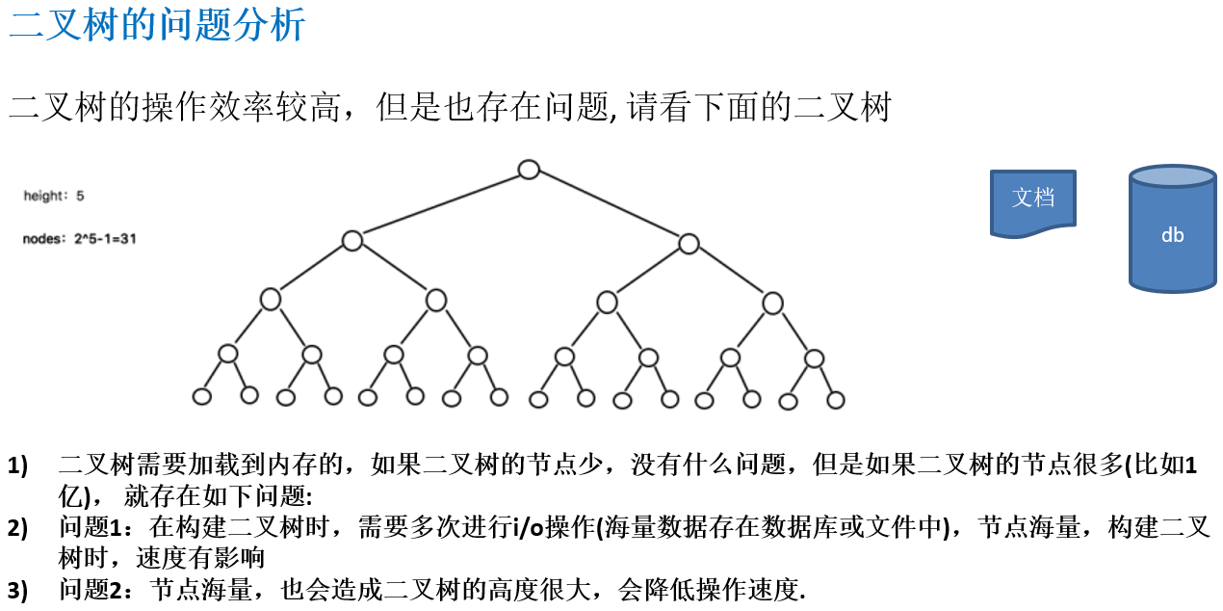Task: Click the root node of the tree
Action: (x=529, y=170)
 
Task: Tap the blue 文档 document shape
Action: (x=1033, y=201)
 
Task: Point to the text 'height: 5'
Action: (x=54, y=196)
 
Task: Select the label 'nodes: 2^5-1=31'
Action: (x=79, y=238)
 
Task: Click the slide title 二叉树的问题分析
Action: (x=157, y=24)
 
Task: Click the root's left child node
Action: (x=352, y=241)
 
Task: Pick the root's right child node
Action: (x=689, y=244)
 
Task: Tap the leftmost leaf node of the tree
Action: (x=202, y=396)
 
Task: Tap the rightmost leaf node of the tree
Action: (x=836, y=400)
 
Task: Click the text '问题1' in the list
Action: (x=92, y=527)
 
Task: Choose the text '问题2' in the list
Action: (x=92, y=590)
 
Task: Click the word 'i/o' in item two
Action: (x=528, y=527)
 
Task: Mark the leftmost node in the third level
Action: (x=271, y=300)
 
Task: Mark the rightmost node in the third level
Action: (x=773, y=304)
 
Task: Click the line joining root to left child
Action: (x=440, y=205)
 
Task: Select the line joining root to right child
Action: (x=609, y=206)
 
